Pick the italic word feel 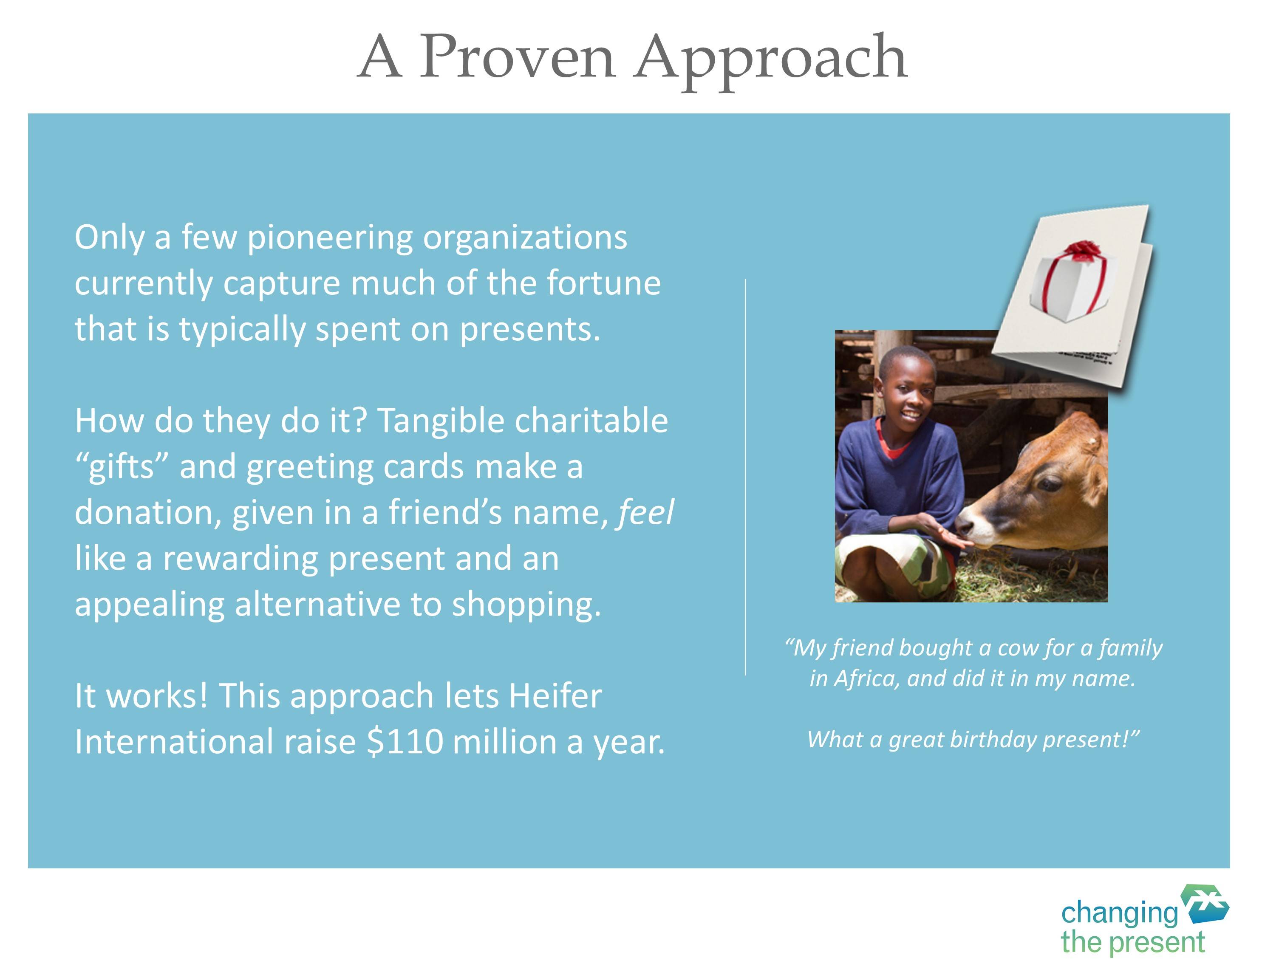[x=646, y=512]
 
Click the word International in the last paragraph [x=174, y=742]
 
